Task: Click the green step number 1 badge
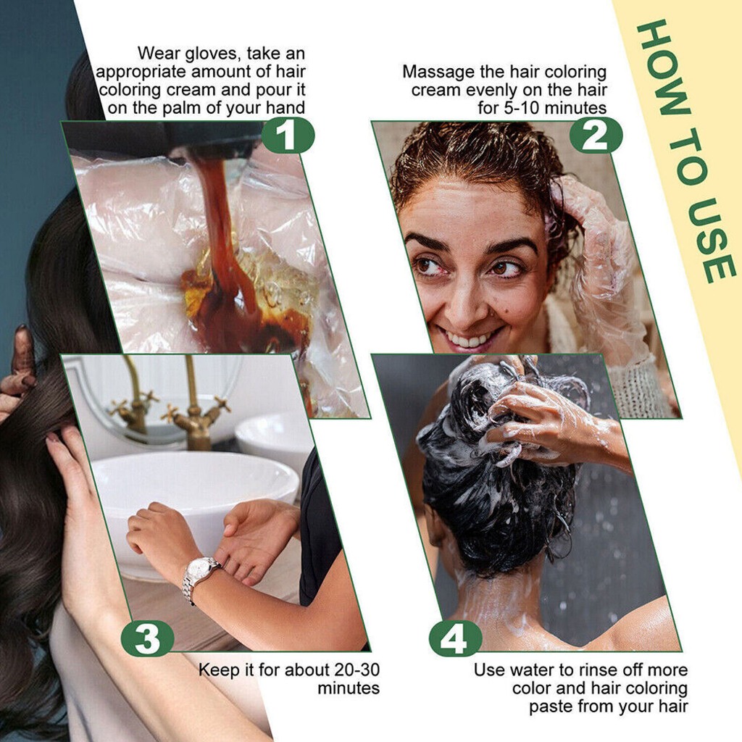[x=287, y=136]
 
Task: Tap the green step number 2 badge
[x=596, y=136]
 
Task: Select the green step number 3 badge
[x=148, y=639]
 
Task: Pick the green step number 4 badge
[x=455, y=639]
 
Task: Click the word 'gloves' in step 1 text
[x=212, y=54]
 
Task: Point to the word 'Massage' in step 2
[x=438, y=72]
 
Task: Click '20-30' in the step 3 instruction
[x=357, y=670]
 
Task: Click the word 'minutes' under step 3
[x=349, y=688]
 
